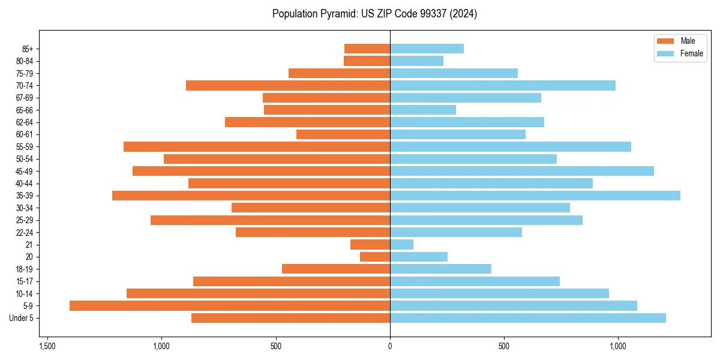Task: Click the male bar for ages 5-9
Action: coord(230,306)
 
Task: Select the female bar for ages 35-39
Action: coord(535,196)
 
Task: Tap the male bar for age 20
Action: coord(375,257)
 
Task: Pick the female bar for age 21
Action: coord(402,245)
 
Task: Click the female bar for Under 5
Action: coord(528,318)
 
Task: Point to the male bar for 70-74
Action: coord(288,86)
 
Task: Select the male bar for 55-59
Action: coord(257,147)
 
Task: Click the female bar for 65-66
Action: coord(423,110)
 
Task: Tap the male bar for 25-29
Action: coord(270,220)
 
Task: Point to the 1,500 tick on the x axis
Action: coord(47,346)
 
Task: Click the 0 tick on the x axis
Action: coord(390,346)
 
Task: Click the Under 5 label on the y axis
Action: coord(22,318)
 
